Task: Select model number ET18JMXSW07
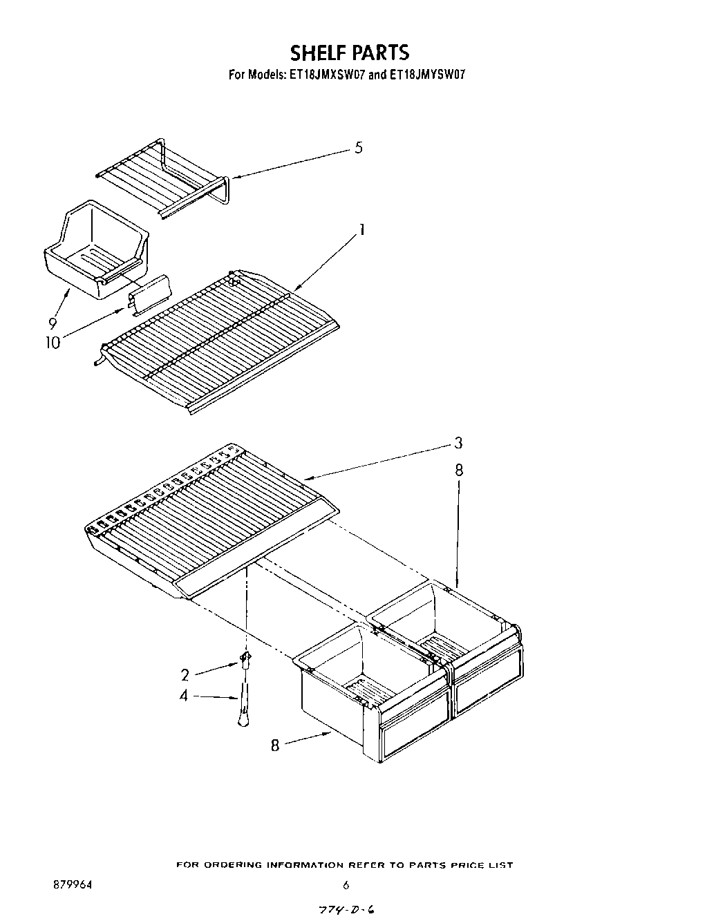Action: coord(325,74)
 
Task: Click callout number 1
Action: coord(360,230)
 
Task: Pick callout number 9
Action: coord(53,322)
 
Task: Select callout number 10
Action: coord(53,342)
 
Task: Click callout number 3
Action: coord(458,443)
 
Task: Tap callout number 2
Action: coord(185,674)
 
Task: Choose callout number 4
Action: coord(183,696)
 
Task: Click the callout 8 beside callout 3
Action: coord(459,471)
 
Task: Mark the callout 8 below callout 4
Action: coord(275,746)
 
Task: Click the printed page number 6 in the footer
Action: coord(346,885)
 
